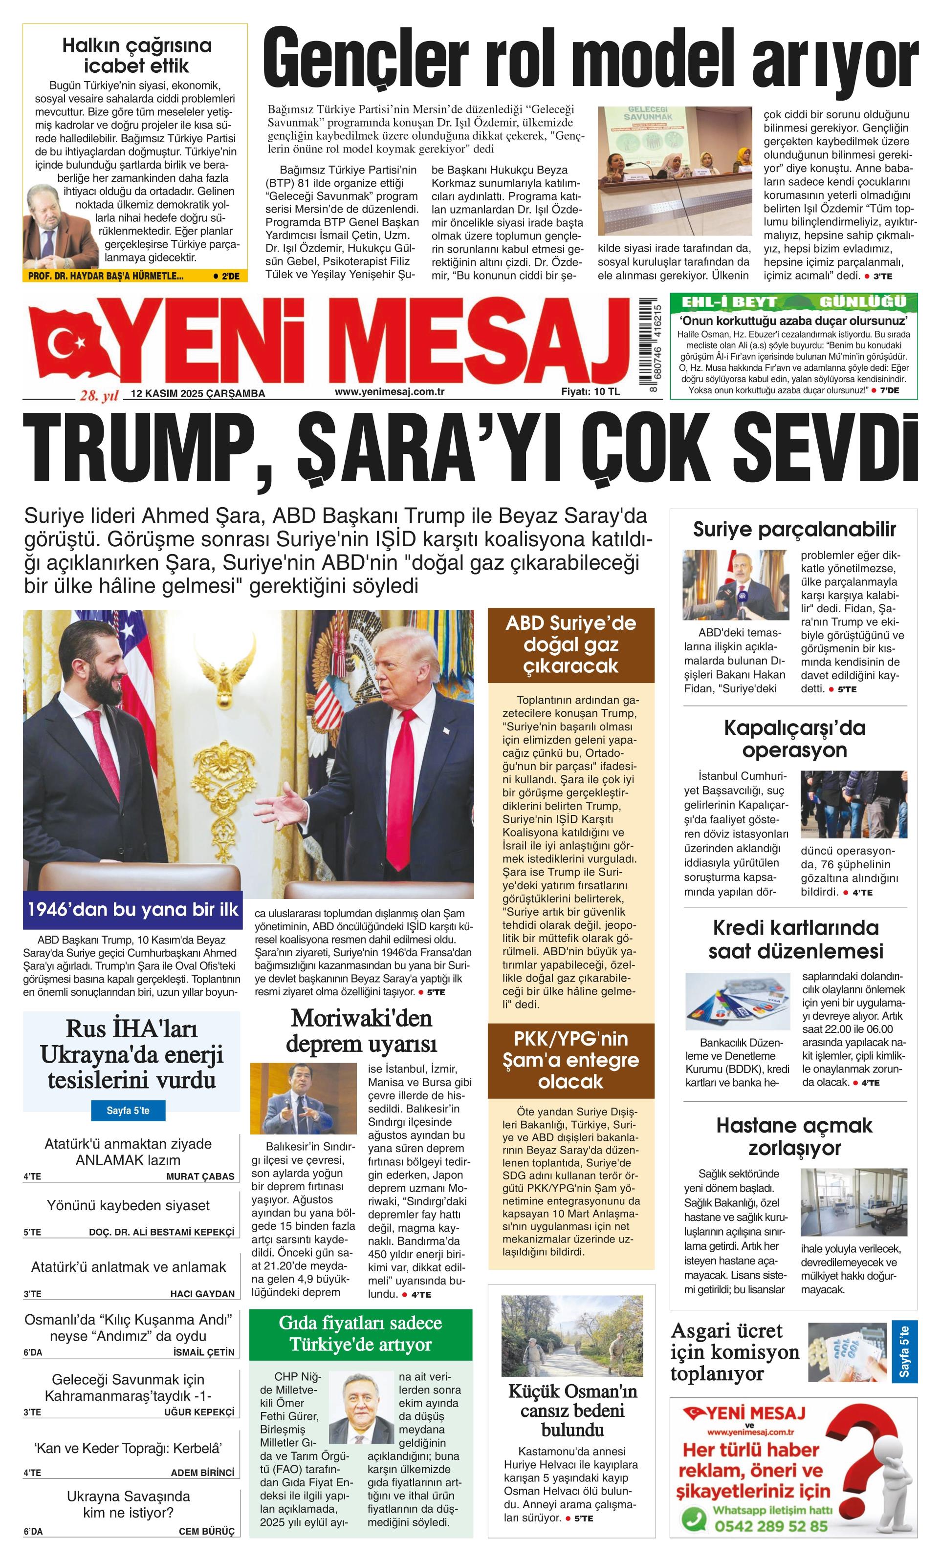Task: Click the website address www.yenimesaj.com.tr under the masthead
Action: click(389, 391)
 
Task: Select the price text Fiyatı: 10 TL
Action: click(590, 391)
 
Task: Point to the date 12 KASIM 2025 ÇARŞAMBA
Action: click(197, 393)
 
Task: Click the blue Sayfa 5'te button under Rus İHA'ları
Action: click(128, 1111)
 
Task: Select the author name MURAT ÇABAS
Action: click(200, 1176)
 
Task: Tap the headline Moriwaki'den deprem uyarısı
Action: click(361, 1029)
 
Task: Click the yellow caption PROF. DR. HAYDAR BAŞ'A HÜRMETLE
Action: click(107, 276)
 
